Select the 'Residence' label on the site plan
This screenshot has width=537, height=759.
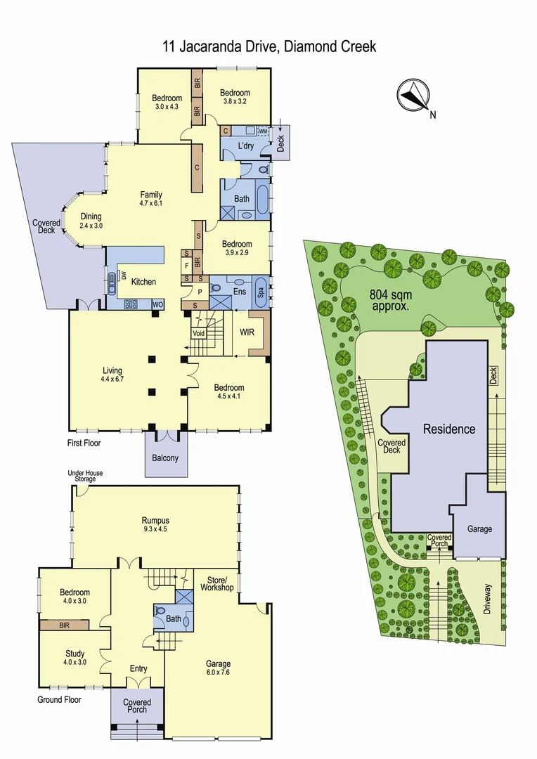448,429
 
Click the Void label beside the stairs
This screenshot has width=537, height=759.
199,333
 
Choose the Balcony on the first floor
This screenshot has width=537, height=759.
165,458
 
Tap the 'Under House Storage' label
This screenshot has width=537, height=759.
85,476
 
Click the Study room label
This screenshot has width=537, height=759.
75,653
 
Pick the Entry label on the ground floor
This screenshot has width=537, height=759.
138,668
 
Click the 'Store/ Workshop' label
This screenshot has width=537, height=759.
216,583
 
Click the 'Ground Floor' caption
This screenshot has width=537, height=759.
59,699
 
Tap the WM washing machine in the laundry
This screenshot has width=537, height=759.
263,131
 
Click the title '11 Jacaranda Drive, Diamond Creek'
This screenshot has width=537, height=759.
268,47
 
